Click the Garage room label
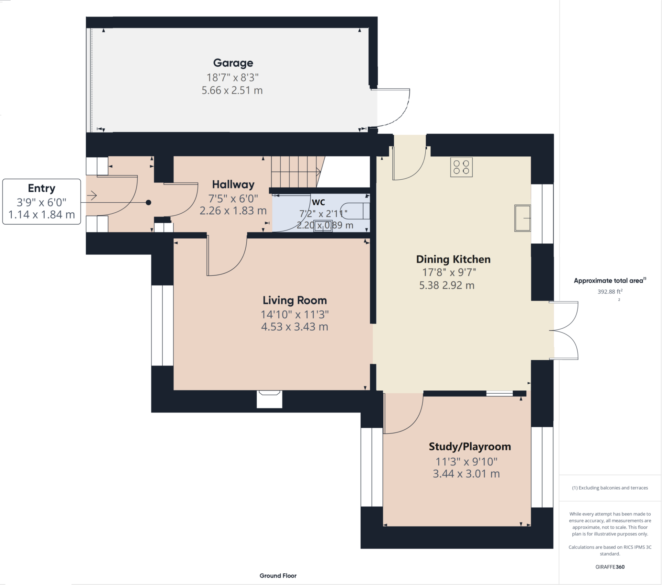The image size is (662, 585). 233,63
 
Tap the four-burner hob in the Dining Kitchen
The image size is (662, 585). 461,167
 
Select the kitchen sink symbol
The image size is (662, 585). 522,218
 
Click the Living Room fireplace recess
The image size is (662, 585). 269,399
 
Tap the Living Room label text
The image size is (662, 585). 295,300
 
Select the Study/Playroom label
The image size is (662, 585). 470,447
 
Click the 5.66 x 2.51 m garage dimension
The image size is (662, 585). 232,90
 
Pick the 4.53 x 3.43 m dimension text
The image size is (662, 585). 295,326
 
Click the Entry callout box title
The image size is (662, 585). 41,188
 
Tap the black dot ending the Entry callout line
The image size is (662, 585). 148,202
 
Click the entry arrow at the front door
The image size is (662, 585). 92,195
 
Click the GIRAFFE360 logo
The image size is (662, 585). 610,567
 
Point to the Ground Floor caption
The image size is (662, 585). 278,576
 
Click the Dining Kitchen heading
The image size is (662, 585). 453,259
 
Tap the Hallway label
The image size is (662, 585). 233,184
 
